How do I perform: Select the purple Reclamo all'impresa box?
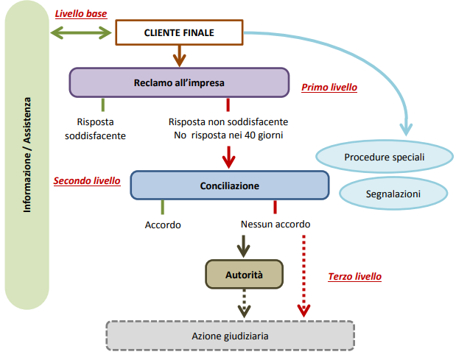point(179,82)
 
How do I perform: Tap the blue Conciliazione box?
point(229,186)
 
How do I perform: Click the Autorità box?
point(243,274)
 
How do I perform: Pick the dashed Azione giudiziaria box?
point(230,336)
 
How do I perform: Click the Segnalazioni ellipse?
point(393,194)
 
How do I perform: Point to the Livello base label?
point(81,13)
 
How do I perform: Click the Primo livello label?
point(329,88)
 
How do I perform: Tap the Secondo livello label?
point(87,180)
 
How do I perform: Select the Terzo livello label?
point(354,277)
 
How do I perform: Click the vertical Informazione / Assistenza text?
point(27,154)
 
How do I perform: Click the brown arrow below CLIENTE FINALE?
point(179,54)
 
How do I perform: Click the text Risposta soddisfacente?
point(95,129)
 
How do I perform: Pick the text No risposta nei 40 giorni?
point(228,135)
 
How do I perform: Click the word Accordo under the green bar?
point(163,225)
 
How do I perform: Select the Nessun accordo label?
point(276,225)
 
